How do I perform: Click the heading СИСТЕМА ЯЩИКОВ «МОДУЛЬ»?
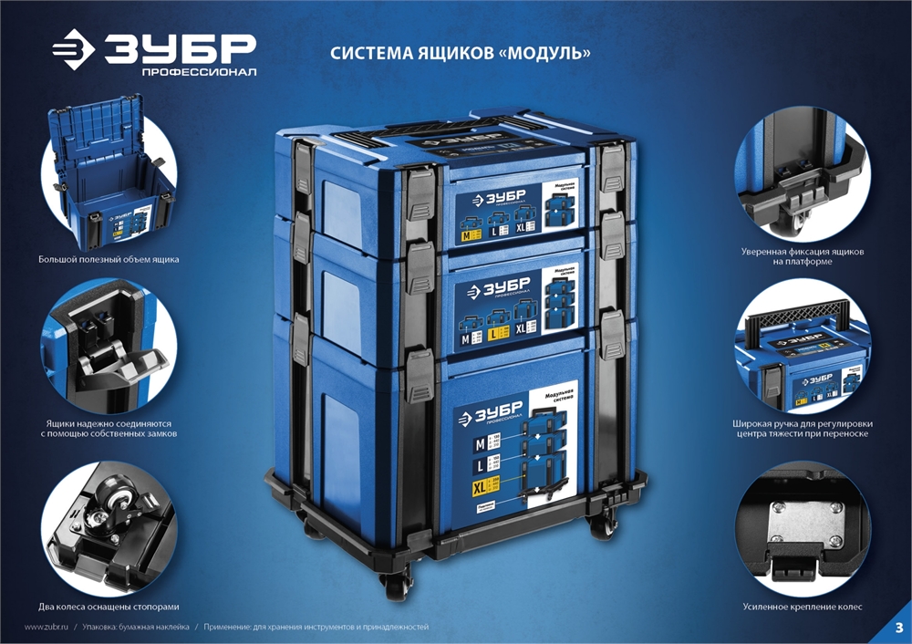coord(460,54)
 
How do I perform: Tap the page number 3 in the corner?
coord(897,628)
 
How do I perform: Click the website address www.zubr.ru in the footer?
coord(47,628)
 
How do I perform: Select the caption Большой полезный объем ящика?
coord(109,259)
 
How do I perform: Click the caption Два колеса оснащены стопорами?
coord(108,607)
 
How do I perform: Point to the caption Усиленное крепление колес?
coord(803,607)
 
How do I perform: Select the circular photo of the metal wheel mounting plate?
coord(803,526)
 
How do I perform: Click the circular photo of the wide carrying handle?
coord(803,351)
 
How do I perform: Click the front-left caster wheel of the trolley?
coord(398,583)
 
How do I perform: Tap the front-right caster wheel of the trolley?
coord(603,526)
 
